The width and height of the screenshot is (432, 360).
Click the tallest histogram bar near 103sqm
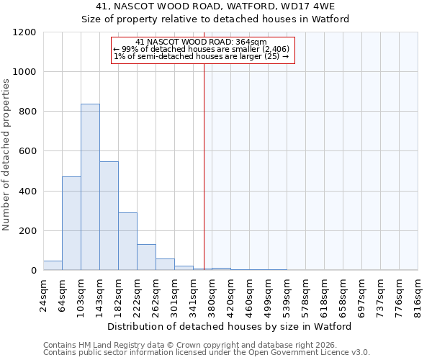coord(90,187)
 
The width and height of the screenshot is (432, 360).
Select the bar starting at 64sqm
coord(71,223)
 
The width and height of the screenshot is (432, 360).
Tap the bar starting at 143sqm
coord(109,216)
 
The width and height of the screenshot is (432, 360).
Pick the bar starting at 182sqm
coord(127,242)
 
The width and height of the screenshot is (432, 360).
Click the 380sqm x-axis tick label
coord(212,296)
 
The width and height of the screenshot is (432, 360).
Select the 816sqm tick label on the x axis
coord(418,296)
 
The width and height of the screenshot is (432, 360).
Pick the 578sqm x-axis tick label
coord(305,296)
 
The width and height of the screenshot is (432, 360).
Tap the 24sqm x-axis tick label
coord(43,296)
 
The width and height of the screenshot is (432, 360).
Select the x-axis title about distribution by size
coord(230,327)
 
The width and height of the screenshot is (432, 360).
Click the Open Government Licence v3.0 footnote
coord(207,352)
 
